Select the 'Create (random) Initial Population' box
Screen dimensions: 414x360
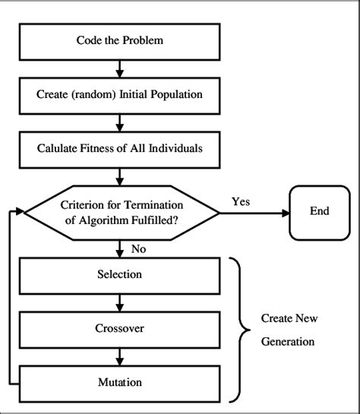coord(119,95)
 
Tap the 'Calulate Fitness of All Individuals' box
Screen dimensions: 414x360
coord(119,148)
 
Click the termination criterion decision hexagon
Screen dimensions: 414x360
coord(119,210)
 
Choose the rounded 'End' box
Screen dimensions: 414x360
coord(319,210)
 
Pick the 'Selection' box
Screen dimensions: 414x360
coord(119,274)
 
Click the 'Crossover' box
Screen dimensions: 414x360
coord(119,330)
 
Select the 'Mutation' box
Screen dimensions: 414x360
coord(119,382)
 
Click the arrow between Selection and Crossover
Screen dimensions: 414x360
coord(119,302)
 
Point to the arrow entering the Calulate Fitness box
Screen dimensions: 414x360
coord(119,123)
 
